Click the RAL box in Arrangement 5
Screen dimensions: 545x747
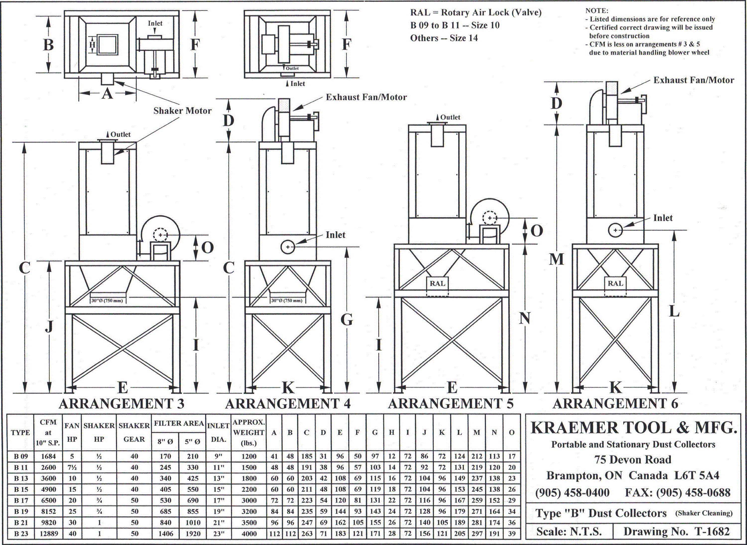[437, 283]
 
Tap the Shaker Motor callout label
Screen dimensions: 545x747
[182, 111]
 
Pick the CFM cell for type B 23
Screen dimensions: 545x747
[49, 534]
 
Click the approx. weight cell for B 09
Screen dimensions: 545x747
[249, 457]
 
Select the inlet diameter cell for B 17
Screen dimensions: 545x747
[218, 500]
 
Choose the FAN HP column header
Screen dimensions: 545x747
[72, 432]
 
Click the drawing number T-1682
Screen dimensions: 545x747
[677, 532]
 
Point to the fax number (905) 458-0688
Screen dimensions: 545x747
[678, 493]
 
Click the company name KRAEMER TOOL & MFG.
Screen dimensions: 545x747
[633, 428]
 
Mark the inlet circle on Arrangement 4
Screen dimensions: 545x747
[288, 247]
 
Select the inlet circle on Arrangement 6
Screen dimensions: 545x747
[615, 230]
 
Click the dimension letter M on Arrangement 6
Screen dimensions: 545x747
[557, 259]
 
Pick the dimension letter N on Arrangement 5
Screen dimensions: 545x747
[524, 318]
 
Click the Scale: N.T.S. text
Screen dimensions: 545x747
[569, 532]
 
